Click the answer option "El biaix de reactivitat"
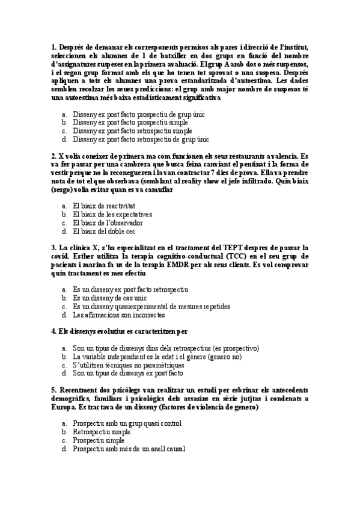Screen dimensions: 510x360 point(103,206)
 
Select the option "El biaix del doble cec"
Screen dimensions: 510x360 point(103,231)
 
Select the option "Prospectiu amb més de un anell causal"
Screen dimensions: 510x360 point(129,448)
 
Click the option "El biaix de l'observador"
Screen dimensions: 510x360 point(108,223)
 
